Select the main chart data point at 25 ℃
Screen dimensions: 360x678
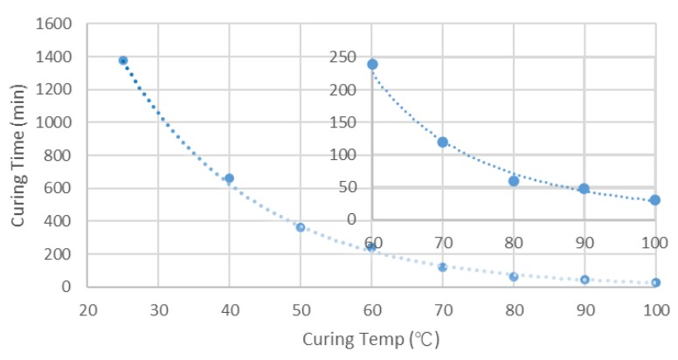click(x=123, y=60)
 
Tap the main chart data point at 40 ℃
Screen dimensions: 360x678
click(x=229, y=178)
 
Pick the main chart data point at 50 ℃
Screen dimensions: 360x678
click(x=300, y=227)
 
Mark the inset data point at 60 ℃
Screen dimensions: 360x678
click(x=372, y=64)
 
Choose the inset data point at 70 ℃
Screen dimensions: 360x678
click(x=443, y=142)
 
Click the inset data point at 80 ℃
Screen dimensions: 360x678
click(x=514, y=181)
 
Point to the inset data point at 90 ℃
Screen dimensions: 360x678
click(x=584, y=189)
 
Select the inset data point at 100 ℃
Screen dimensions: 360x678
click(x=654, y=200)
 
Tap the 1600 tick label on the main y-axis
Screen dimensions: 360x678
click(x=55, y=24)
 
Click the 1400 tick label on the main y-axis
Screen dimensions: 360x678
click(x=55, y=57)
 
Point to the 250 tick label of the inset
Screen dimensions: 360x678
click(x=343, y=57)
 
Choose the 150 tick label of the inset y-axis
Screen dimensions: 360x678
click(x=343, y=122)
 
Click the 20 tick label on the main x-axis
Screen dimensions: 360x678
click(x=87, y=308)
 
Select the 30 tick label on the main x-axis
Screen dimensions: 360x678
click(x=158, y=308)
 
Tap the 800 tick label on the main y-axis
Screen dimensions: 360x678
click(x=59, y=156)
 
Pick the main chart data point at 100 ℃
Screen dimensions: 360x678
click(x=655, y=282)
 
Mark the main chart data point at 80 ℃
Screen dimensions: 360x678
click(x=514, y=277)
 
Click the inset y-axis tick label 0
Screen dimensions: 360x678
click(x=351, y=219)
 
